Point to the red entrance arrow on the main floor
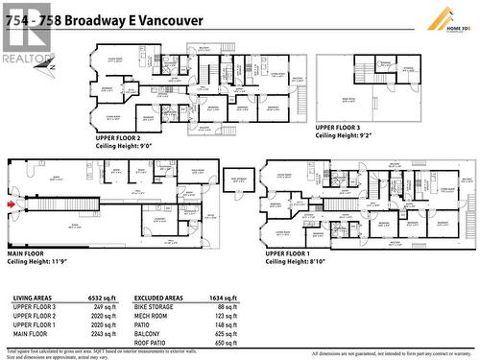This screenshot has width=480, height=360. pos(11,204)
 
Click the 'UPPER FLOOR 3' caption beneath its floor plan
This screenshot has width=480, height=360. pos(338,126)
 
